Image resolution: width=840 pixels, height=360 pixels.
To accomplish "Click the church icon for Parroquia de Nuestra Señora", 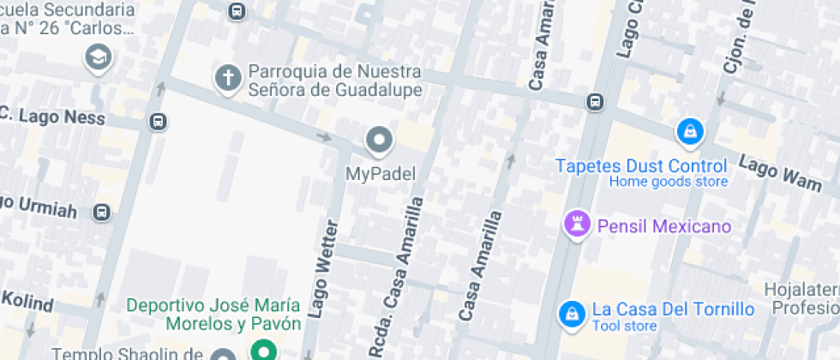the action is click(228, 78).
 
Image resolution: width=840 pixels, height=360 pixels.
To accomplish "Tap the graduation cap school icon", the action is click(99, 58).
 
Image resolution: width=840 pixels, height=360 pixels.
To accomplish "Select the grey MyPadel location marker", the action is click(379, 139).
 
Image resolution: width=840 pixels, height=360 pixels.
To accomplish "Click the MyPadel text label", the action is click(380, 174).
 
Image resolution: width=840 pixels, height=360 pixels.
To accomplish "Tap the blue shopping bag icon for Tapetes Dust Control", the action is click(689, 131).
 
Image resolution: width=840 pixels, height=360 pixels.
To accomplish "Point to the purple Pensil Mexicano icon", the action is click(577, 225).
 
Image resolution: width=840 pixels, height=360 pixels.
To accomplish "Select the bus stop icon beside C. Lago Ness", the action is click(158, 121).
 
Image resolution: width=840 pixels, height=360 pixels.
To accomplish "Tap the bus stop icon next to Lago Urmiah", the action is click(102, 211).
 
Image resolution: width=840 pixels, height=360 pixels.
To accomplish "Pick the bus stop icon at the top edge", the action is click(237, 11).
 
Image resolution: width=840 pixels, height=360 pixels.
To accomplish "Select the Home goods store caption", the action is click(668, 182).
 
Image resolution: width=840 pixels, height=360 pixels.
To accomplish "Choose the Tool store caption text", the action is click(625, 327).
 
